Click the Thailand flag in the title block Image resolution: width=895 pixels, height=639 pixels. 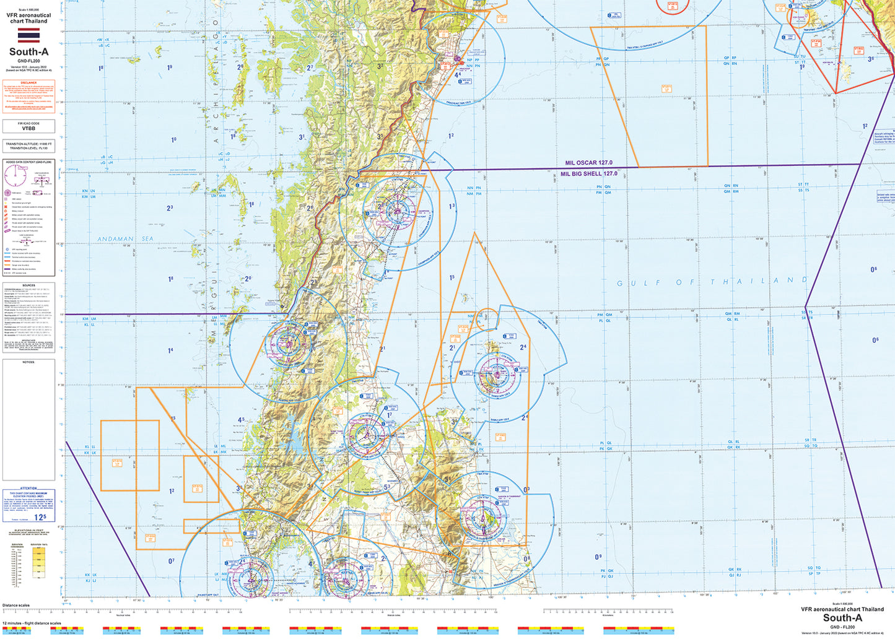[28, 35]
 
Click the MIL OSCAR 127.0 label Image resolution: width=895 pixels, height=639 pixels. [588, 163]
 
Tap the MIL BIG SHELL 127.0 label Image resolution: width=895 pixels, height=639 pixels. [588, 174]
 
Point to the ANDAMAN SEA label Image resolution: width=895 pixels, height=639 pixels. [116, 238]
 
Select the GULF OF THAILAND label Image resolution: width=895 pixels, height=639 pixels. [712, 282]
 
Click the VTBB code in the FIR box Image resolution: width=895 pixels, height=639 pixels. [28, 129]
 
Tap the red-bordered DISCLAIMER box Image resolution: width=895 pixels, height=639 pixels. [28, 97]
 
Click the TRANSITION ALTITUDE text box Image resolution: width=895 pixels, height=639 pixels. [28, 146]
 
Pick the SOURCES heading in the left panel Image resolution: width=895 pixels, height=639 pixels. [28, 285]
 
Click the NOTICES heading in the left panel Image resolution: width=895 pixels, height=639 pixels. [28, 362]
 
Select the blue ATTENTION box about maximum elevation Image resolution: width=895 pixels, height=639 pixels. [28, 505]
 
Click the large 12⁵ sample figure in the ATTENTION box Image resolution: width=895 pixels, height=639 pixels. [40, 517]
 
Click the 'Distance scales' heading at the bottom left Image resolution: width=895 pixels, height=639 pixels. [15, 605]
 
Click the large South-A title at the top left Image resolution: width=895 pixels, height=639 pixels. [28, 52]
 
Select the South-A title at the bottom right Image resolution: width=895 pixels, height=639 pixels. [842, 617]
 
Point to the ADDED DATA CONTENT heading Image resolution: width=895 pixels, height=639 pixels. [28, 162]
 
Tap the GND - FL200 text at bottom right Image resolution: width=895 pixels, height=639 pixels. [842, 626]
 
